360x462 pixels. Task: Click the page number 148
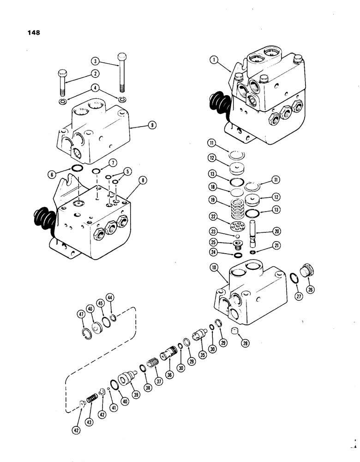pos(33,33)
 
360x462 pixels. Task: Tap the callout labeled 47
pos(81,314)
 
